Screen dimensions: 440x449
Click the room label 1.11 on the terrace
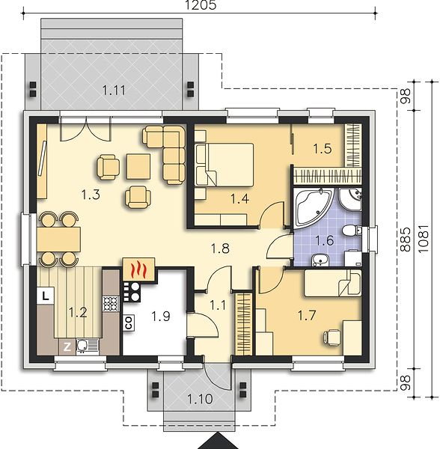[114, 91]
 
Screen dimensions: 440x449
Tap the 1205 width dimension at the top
[201, 5]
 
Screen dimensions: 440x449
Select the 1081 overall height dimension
[424, 238]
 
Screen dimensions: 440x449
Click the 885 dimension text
[405, 239]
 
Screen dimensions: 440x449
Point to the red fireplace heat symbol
[138, 269]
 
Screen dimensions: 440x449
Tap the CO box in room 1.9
[129, 323]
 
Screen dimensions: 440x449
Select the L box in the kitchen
[45, 296]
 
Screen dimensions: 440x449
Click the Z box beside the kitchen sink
[67, 347]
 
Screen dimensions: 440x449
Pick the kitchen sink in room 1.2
[87, 346]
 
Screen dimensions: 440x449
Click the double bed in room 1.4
[224, 165]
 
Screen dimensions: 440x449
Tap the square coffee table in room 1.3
[138, 167]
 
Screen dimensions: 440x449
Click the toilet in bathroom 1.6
[352, 230]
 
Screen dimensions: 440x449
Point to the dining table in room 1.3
[58, 239]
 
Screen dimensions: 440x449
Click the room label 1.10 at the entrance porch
[200, 399]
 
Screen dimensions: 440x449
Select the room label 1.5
[323, 149]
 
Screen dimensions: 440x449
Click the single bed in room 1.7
[332, 283]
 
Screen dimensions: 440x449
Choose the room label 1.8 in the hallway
[220, 248]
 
